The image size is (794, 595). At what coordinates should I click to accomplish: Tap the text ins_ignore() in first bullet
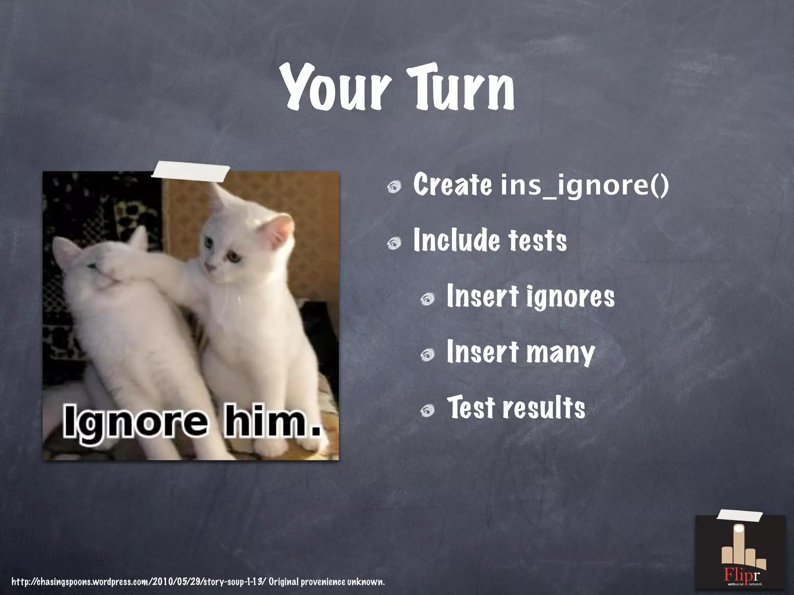pos(585,185)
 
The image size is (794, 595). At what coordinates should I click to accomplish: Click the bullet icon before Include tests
pos(394,243)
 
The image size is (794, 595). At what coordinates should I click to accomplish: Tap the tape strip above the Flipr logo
pos(739,516)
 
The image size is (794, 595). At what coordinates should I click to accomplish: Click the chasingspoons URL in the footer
pos(139,581)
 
